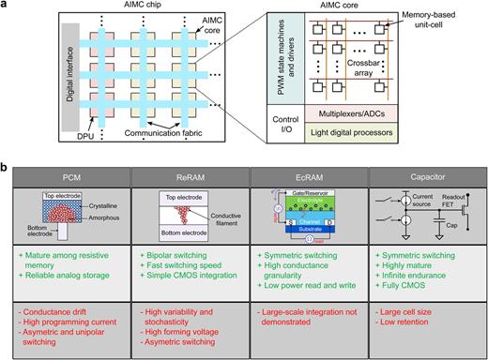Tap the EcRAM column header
click(x=299, y=176)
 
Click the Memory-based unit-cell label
click(x=442, y=19)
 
